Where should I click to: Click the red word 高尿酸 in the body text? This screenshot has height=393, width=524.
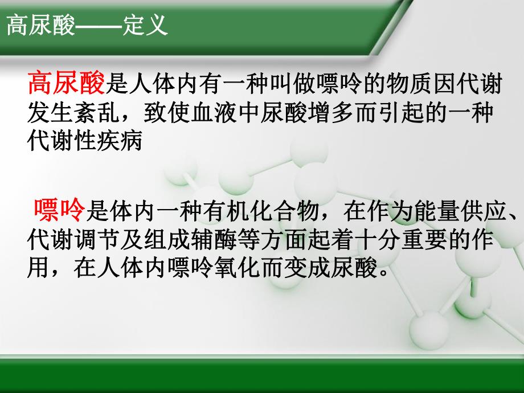[67, 84]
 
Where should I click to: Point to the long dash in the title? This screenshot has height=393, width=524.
[100, 26]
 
